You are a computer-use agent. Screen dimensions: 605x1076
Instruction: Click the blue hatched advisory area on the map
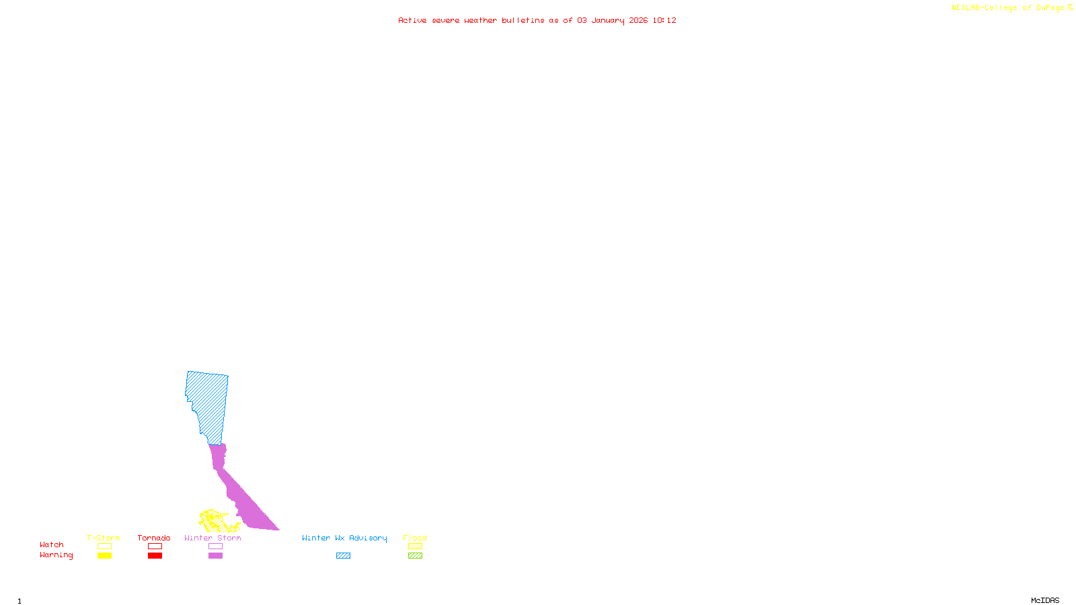pyautogui.click(x=208, y=403)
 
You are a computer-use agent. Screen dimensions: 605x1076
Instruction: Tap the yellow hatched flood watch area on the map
pyautogui.click(x=214, y=520)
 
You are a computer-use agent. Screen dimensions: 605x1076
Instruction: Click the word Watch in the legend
pyautogui.click(x=52, y=544)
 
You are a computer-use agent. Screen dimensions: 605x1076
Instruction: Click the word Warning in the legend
pyautogui.click(x=56, y=555)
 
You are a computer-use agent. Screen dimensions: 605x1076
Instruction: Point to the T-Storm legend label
pyautogui.click(x=104, y=538)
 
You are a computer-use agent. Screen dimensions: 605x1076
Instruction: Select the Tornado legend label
pyautogui.click(x=154, y=538)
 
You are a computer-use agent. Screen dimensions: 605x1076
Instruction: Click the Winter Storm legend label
pyautogui.click(x=213, y=538)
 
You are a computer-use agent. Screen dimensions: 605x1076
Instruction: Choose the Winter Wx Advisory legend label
pyautogui.click(x=344, y=538)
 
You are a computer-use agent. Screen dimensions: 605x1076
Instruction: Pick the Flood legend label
pyautogui.click(x=415, y=538)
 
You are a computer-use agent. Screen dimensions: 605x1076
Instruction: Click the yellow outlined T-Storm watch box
pyautogui.click(x=104, y=547)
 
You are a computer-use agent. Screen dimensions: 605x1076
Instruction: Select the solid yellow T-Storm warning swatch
pyautogui.click(x=104, y=556)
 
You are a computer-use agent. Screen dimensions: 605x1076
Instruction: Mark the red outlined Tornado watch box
pyautogui.click(x=155, y=547)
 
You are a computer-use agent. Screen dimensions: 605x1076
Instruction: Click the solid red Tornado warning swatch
pyautogui.click(x=155, y=556)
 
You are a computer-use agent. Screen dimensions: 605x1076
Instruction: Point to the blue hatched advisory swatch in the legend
pyautogui.click(x=343, y=556)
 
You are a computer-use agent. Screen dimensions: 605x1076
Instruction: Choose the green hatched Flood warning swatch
pyautogui.click(x=415, y=556)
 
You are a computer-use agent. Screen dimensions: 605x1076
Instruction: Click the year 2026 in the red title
pyautogui.click(x=638, y=20)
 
